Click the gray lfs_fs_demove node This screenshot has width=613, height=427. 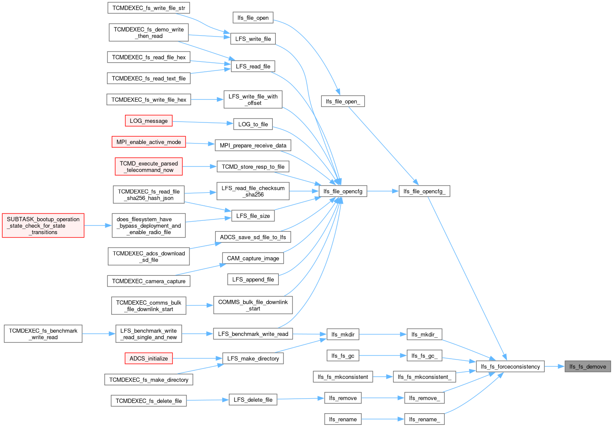588,366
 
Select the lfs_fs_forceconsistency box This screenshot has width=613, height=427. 510,366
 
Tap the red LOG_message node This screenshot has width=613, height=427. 149,121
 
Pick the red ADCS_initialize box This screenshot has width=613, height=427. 149,358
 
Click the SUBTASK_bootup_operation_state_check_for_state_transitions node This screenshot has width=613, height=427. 43,226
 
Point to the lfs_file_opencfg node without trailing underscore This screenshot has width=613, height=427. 343,191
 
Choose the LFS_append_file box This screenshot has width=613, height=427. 253,280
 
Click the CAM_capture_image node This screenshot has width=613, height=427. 253,258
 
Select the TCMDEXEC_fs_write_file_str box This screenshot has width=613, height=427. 149,8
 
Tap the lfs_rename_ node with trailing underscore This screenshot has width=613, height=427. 424,419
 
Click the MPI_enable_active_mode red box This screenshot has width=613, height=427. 149,142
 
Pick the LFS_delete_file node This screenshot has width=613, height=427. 253,400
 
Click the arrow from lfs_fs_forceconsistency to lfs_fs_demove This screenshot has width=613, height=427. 555,366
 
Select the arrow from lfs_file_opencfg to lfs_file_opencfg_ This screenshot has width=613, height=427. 383,191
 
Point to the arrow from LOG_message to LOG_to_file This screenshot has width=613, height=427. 203,122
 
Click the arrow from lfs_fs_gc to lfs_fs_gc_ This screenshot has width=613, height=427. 383,356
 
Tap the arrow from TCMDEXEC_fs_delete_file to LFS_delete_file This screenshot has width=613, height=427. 208,400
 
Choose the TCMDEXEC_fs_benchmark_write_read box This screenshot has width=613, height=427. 43,334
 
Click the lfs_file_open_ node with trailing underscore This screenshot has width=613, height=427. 343,101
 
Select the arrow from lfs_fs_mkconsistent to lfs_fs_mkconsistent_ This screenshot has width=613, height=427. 383,377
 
